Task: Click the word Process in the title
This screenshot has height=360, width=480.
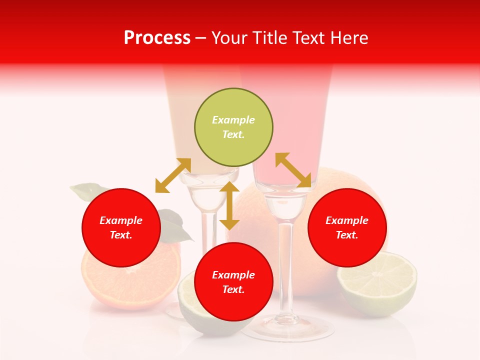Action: click(x=157, y=38)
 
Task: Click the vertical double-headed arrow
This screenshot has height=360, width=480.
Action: click(x=229, y=205)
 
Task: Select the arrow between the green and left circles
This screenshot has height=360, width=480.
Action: click(x=173, y=175)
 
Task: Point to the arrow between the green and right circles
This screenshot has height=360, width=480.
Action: click(x=293, y=170)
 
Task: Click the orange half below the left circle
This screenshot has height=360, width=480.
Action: click(x=131, y=285)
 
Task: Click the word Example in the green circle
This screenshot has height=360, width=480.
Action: click(x=233, y=120)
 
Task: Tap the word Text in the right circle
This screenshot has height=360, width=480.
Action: click(x=346, y=235)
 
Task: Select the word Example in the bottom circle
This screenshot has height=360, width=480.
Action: click(x=233, y=275)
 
